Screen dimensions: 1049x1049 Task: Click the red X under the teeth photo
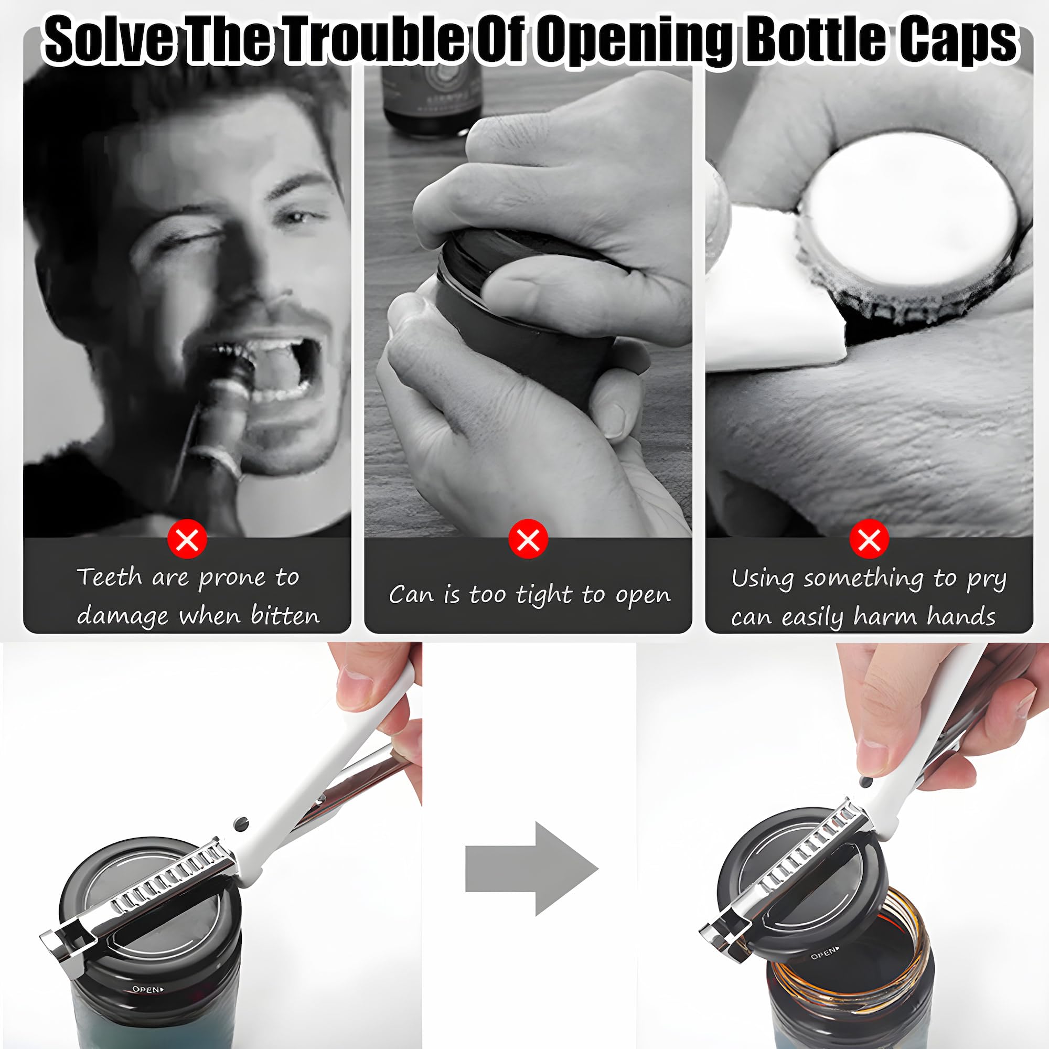[x=187, y=539]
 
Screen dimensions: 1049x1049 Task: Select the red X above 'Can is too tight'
[x=528, y=539]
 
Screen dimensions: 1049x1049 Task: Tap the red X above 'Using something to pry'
[x=869, y=539]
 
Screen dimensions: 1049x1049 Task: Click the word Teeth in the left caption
[x=110, y=576]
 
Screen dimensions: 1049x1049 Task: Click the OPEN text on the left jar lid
[x=147, y=989]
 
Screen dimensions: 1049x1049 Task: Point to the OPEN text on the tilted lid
[x=825, y=952]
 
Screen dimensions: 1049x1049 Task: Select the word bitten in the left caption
[x=285, y=616]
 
